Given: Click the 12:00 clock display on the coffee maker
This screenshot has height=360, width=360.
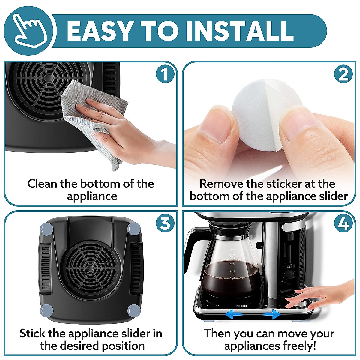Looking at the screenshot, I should click(242, 306).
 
